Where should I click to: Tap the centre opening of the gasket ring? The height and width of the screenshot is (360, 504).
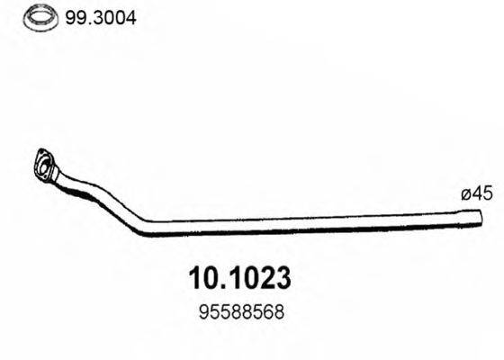click(x=36, y=16)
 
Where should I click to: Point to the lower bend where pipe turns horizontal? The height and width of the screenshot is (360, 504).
click(x=144, y=228)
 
